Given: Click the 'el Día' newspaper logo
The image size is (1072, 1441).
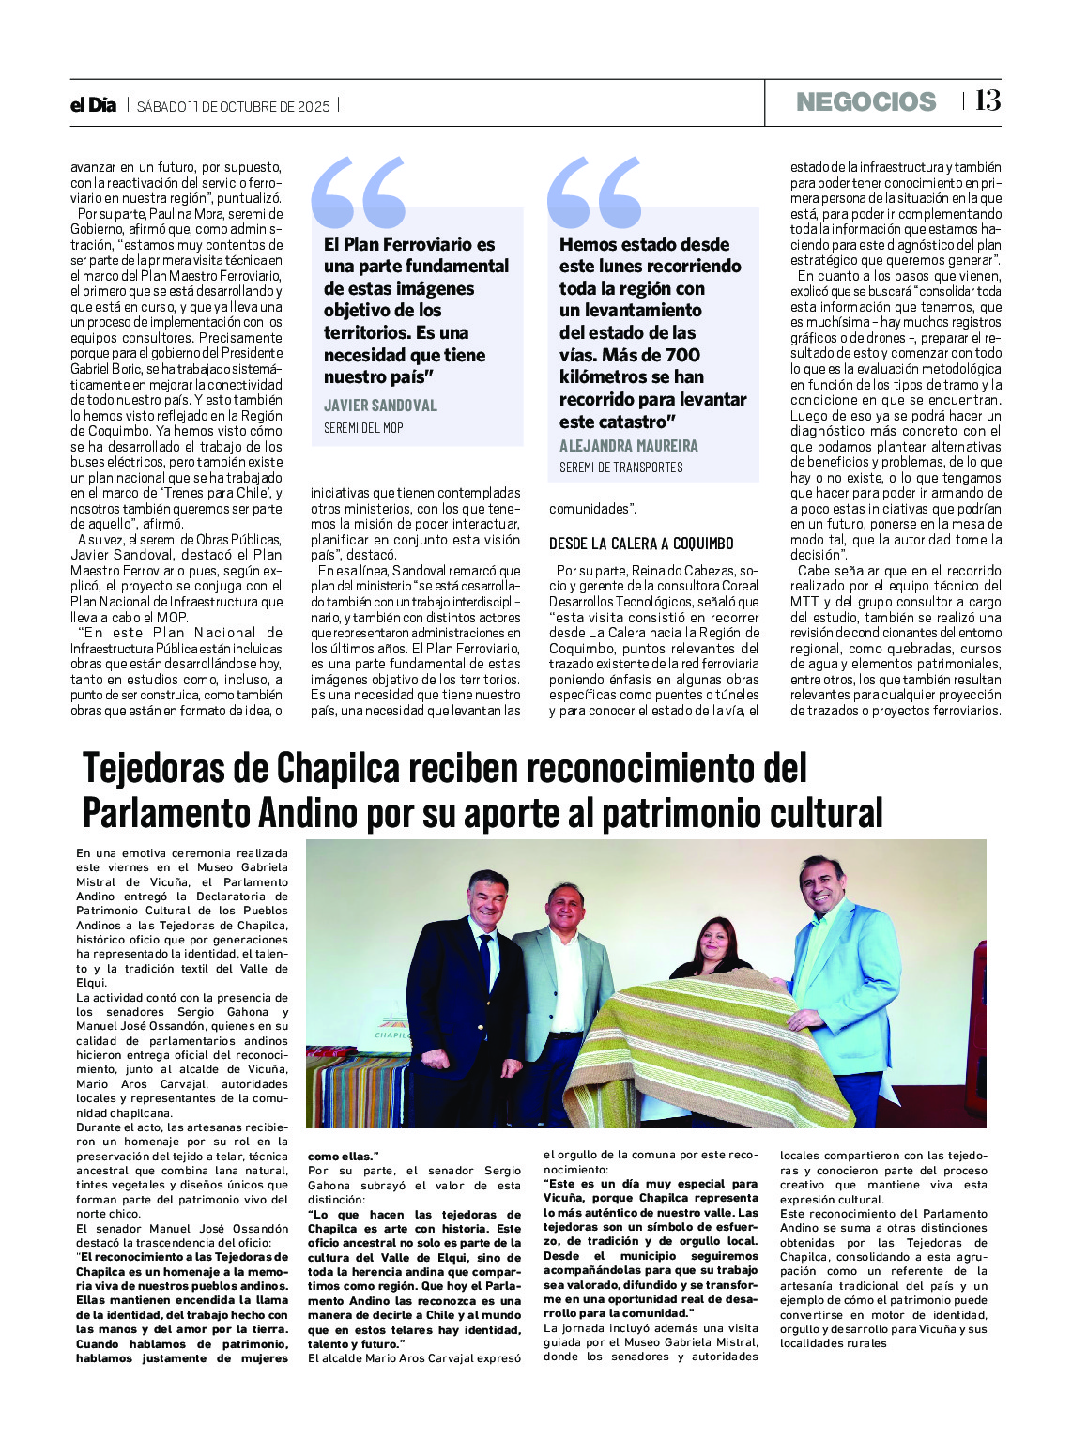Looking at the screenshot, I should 93,105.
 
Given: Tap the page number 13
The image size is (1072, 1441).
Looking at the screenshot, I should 988,101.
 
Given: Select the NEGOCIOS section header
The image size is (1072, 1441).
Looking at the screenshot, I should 865,102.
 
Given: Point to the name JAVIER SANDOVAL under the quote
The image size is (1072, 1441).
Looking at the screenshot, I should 380,406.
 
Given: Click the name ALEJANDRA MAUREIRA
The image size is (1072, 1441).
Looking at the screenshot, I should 628,446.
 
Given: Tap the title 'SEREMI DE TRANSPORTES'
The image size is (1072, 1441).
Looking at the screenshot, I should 620,468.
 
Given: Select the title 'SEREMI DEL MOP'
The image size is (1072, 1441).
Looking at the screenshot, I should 363,428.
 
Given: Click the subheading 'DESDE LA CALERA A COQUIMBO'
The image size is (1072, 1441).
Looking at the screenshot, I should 641,544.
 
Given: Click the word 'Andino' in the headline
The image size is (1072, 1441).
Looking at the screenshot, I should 309,813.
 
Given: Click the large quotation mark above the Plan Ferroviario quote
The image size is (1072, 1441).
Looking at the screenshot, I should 359,192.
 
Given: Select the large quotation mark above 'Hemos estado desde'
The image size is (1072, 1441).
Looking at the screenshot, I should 594,192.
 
